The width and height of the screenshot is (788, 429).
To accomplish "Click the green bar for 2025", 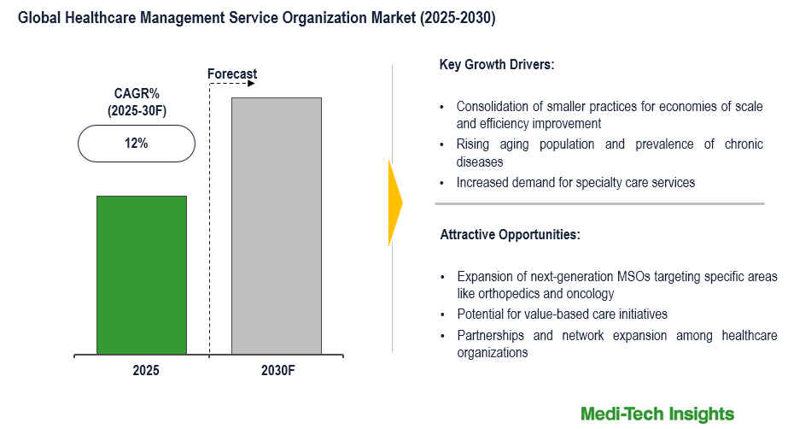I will click(141, 274).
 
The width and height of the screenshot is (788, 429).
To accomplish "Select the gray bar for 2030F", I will click(277, 226).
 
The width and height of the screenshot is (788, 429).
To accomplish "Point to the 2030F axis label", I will click(277, 371).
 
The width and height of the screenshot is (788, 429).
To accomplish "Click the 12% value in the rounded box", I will click(136, 144).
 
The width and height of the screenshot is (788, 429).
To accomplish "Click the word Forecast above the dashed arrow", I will click(232, 74).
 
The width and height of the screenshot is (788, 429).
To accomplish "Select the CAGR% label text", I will click(136, 93).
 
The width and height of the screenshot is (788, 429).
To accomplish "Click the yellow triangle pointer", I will click(394, 203).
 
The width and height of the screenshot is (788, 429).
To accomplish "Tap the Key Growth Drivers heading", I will click(496, 64).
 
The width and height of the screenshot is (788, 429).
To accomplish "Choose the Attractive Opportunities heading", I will click(510, 233).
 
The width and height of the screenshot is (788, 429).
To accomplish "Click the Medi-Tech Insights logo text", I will click(657, 414).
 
